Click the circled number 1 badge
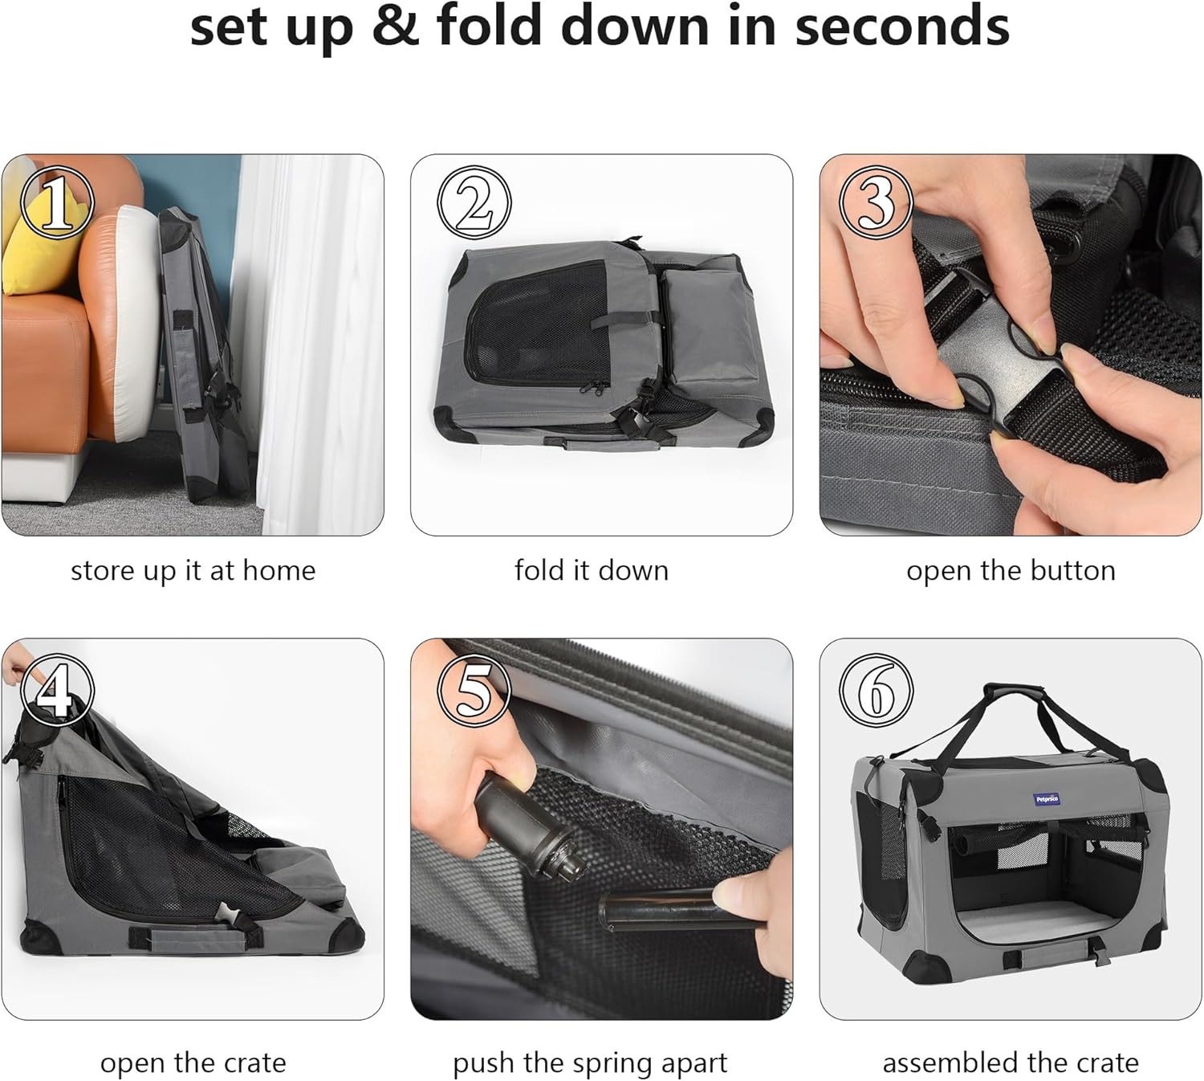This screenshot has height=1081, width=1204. pyautogui.click(x=58, y=202)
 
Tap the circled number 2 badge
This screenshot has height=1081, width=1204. pyautogui.click(x=474, y=202)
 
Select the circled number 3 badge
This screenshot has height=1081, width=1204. pyautogui.click(x=876, y=202)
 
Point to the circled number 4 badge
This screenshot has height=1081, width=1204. pyautogui.click(x=58, y=691)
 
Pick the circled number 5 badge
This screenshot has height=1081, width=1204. pyautogui.click(x=474, y=691)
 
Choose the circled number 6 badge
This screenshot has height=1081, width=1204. pyautogui.click(x=876, y=691)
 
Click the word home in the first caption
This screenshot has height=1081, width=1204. pyautogui.click(x=279, y=570)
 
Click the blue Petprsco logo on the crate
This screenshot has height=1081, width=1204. pyautogui.click(x=1047, y=799)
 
